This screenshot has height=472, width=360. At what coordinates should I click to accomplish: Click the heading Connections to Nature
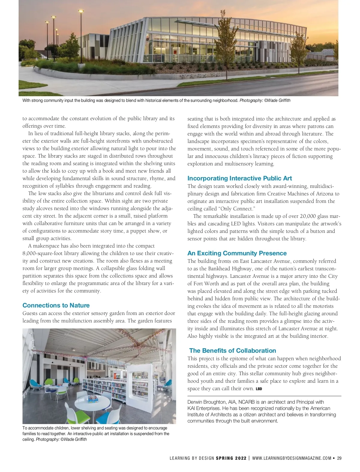[x=56, y=305]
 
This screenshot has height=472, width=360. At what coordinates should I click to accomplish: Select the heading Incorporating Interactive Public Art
[x=240, y=178]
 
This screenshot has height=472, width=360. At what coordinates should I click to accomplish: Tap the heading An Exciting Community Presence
[x=237, y=253]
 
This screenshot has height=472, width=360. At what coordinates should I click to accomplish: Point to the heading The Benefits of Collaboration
[x=232, y=351]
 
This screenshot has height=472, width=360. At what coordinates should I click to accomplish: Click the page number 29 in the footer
[x=339, y=458]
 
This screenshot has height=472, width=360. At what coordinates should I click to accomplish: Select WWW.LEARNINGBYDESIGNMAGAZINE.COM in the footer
[x=292, y=458]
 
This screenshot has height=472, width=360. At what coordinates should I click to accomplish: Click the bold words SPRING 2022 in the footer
[x=231, y=458]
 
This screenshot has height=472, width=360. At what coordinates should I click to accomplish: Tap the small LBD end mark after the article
[x=259, y=389]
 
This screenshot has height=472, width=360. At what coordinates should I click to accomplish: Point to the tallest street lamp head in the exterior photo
[x=81, y=12]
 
